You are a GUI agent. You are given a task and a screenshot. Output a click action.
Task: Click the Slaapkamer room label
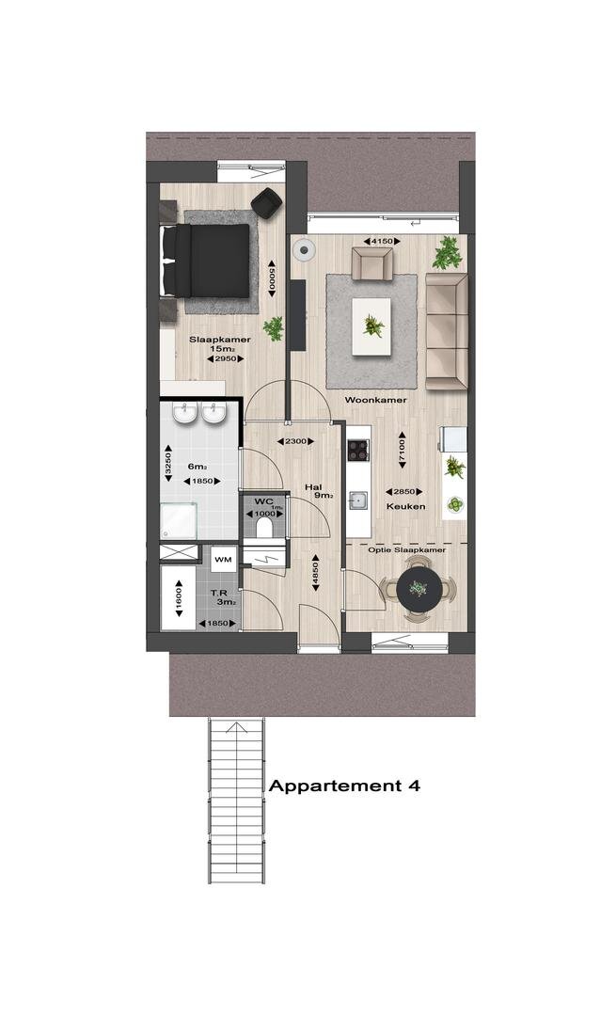[219, 340]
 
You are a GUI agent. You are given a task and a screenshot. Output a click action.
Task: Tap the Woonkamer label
[375, 400]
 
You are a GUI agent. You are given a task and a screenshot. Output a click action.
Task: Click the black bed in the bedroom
[206, 261]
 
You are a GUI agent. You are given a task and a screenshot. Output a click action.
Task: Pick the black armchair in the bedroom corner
[267, 203]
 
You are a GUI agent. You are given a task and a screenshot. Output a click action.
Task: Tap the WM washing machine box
[223, 559]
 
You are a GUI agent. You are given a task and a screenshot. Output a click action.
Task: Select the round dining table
[419, 589]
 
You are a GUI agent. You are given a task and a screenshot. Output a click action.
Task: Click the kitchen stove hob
[358, 450]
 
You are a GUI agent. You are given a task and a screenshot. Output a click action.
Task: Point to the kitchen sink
[358, 500]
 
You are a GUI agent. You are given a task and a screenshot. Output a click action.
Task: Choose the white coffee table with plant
[371, 325]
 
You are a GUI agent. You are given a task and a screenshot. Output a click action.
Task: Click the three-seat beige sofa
[447, 332]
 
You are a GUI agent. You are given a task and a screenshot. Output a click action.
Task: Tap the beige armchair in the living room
[371, 264]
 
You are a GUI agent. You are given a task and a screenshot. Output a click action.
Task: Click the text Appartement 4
[344, 786]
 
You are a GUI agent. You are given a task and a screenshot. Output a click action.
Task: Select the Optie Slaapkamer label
[407, 550]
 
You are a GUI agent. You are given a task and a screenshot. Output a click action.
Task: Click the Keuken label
[406, 506]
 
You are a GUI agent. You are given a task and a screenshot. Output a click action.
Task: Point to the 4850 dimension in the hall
[315, 573]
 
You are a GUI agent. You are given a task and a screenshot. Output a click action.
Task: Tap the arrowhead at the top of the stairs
[236, 725]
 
